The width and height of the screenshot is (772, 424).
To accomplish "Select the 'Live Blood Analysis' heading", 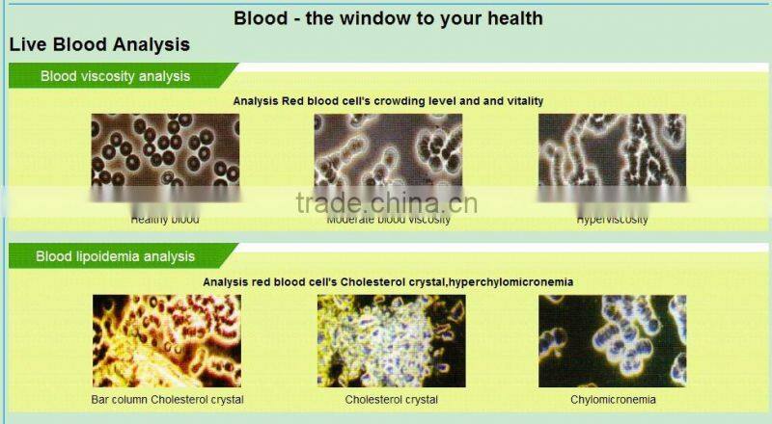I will [99, 44].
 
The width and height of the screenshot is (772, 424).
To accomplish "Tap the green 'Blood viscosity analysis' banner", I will [115, 76].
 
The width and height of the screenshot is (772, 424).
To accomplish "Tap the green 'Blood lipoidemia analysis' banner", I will [115, 256].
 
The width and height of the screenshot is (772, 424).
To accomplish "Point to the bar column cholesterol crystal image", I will [167, 340].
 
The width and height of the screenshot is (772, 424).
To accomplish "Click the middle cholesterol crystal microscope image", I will [391, 340].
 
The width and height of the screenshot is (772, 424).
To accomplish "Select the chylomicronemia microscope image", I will [612, 340].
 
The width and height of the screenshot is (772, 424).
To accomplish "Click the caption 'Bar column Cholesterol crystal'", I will [167, 399].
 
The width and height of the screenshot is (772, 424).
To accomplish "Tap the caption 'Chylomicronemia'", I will [613, 399].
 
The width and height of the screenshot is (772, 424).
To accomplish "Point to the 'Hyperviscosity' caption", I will [613, 220].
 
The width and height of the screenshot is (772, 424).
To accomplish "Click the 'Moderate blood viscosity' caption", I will [388, 220].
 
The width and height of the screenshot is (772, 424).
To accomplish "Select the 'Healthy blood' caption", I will [165, 220].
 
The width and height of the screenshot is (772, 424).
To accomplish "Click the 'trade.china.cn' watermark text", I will [386, 202].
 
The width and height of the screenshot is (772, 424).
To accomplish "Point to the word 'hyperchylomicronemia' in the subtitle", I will [515, 281].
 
